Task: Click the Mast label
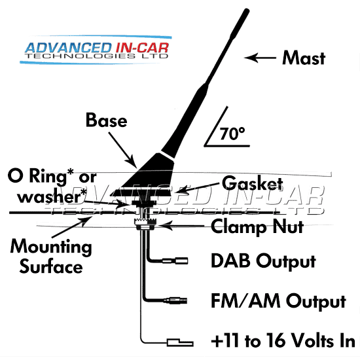coord(304,58)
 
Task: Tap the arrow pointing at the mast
coord(260,58)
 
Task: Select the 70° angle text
coord(232,134)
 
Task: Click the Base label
coord(106,120)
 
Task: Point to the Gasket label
coord(252,183)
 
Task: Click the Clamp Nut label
coord(257,227)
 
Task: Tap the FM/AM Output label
coord(278,301)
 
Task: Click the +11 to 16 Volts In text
coord(283,341)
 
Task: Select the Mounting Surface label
coord(51,256)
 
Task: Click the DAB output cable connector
coord(175,261)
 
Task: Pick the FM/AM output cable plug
coord(175,300)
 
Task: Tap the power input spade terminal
coord(180,342)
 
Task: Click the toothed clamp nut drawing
coord(145,224)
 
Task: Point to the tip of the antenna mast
coord(247,10)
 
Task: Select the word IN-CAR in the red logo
coord(142,48)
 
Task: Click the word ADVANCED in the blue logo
coord(68,48)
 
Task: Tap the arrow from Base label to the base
coord(123,150)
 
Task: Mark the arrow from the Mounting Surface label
coord(71,227)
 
